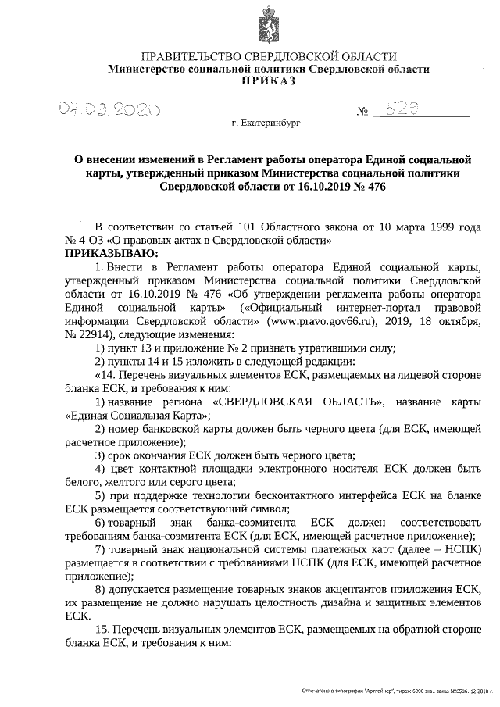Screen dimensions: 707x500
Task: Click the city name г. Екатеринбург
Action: click(265, 123)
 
